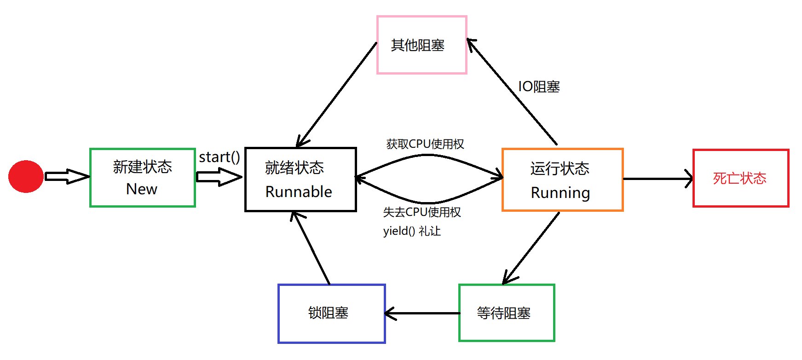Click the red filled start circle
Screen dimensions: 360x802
(x=26, y=176)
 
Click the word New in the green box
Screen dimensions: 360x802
(x=142, y=189)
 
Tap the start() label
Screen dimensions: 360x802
(x=219, y=157)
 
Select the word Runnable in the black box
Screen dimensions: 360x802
(x=299, y=192)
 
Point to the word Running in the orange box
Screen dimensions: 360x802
(x=560, y=193)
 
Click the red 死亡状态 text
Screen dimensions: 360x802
(x=739, y=178)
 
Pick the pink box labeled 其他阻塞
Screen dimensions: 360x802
(x=421, y=45)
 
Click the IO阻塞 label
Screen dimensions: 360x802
(x=539, y=87)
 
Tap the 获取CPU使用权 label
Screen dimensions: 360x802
(x=425, y=144)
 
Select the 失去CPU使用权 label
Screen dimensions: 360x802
(x=422, y=212)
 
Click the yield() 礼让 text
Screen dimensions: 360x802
(x=412, y=231)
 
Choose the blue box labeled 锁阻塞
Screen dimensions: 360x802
(x=331, y=314)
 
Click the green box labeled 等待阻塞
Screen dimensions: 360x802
(x=506, y=313)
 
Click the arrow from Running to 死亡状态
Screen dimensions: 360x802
(x=658, y=179)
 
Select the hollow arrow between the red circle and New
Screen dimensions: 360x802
(x=67, y=176)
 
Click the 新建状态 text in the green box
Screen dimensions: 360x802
(x=142, y=167)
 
